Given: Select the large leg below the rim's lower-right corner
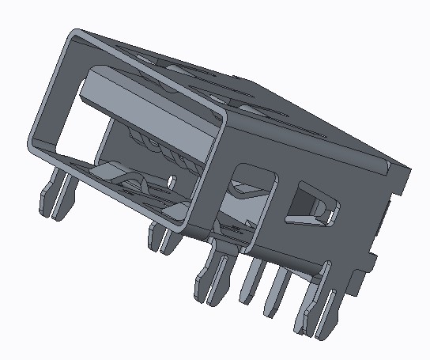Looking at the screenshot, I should click(213, 272).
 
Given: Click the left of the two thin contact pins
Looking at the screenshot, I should click(252, 281).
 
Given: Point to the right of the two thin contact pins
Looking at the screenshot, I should click(277, 290).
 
